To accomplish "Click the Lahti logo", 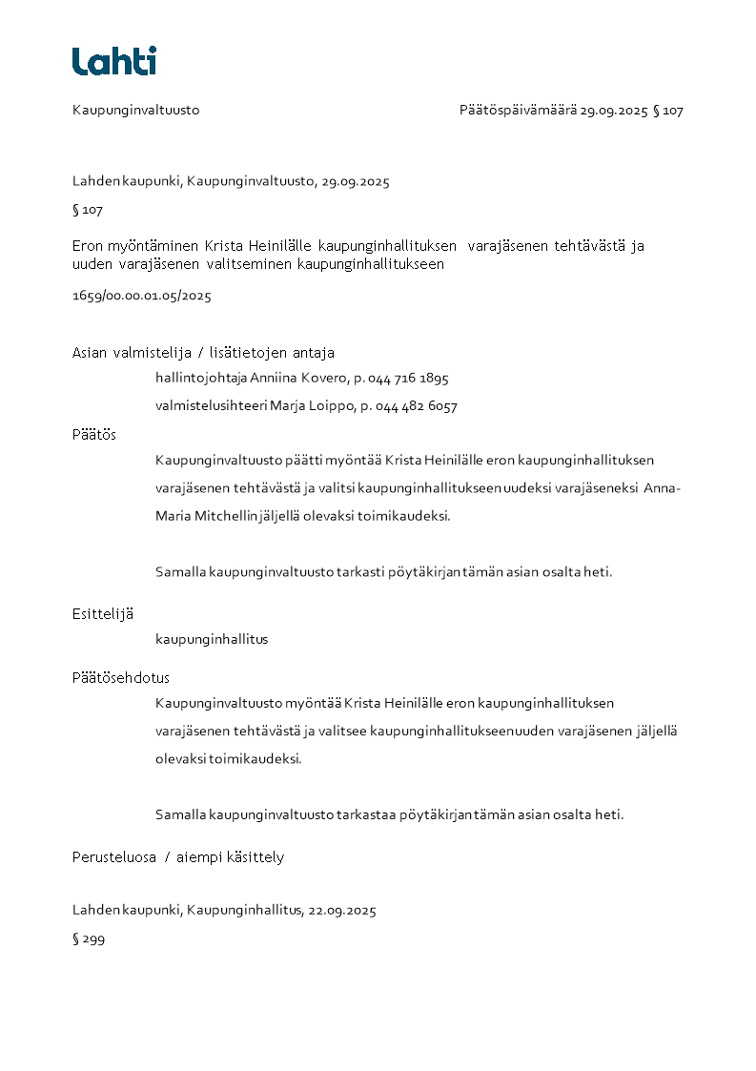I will click(113, 61).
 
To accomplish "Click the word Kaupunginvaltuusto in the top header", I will click(135, 111).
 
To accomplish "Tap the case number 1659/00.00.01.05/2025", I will click(141, 296).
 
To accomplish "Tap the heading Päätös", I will click(93, 434).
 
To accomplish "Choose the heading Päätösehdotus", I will click(120, 678).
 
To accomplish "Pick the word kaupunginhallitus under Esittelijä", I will click(212, 639).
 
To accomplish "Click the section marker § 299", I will click(88, 939).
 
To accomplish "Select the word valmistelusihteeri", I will click(211, 406).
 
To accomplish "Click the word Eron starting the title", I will click(88, 246).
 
